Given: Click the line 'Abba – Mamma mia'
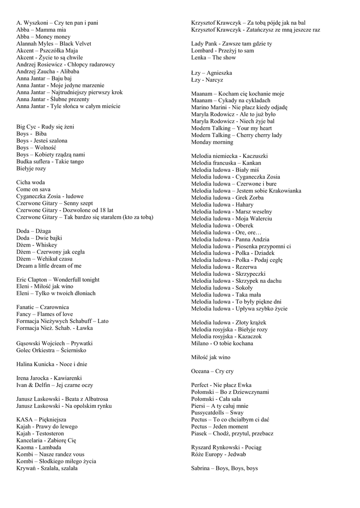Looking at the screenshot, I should click(x=41, y=30).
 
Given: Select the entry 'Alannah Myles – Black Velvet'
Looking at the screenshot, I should click(x=54, y=44).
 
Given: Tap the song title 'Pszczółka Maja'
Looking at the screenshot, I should click(x=60, y=51).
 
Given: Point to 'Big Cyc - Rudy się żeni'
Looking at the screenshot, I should click(x=45, y=127).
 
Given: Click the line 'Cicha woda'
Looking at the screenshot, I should click(x=31, y=183).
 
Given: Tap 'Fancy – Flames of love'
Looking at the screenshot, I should click(x=45, y=315).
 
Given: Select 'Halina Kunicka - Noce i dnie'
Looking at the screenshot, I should click(x=52, y=364).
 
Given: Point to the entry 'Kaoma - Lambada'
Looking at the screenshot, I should click(x=39, y=447).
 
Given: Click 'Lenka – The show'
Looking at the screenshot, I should click(x=214, y=58).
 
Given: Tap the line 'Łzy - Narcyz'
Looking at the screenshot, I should click(x=207, y=80).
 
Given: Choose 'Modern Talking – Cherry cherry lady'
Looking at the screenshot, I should click(x=237, y=135).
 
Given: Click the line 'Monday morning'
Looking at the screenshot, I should click(x=212, y=142).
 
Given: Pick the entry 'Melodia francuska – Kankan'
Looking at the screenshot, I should click(x=226, y=163).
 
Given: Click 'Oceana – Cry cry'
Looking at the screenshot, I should click(x=212, y=371).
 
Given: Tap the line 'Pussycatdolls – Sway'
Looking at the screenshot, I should click(x=217, y=413).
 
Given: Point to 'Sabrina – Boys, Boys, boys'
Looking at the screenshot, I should click(x=224, y=468).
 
